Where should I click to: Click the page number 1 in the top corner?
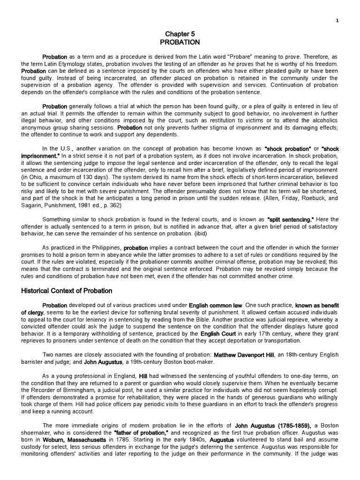(x=337, y=20)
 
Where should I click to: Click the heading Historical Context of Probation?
(x=67, y=291)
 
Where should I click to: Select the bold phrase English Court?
(x=217, y=334)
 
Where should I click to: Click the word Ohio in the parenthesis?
(x=33, y=178)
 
